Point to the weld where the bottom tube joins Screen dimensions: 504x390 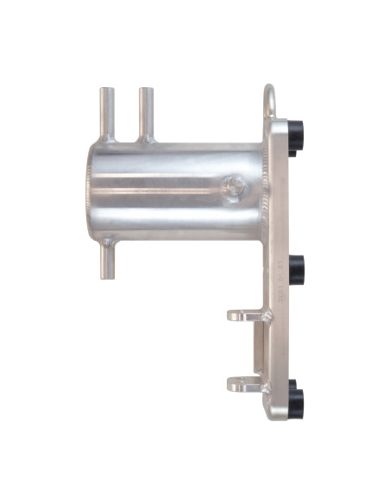pos(107,243)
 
